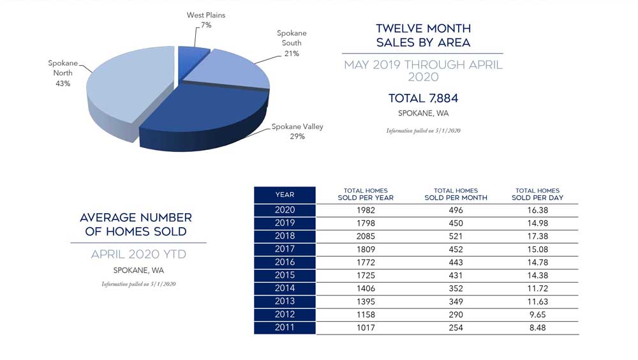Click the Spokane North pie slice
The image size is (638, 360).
[x=128, y=89]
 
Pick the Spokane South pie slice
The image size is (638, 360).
[x=233, y=73]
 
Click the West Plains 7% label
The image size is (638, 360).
[x=205, y=20]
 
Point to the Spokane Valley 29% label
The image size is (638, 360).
[x=297, y=131]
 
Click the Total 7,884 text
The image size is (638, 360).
[x=423, y=98]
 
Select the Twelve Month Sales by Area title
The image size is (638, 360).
[x=423, y=36]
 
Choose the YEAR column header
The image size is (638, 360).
[x=285, y=195]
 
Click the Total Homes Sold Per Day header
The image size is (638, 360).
[x=537, y=194]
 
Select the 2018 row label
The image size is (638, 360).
[x=285, y=236]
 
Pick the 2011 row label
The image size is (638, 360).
[x=285, y=327]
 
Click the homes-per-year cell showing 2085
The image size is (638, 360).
[x=366, y=236]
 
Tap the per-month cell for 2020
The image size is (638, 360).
[x=456, y=210]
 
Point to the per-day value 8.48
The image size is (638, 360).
[x=537, y=327]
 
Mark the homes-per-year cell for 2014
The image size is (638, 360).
[x=366, y=289]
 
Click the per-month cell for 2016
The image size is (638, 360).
[x=456, y=262]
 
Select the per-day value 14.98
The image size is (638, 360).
[x=537, y=223]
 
